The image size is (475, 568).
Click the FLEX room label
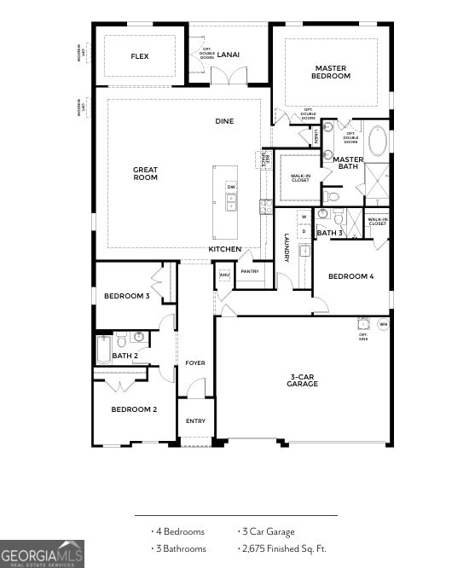coord(140,56)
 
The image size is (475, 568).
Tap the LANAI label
coord(229,55)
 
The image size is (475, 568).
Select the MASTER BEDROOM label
coord(332,72)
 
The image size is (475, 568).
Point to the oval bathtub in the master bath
coord(377,141)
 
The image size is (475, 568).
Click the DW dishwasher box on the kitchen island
coord(231,187)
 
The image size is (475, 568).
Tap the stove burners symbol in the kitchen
coord(266,206)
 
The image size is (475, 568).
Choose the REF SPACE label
coord(265,159)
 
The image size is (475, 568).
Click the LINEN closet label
coord(316,135)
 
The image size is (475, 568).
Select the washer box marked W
coord(303,217)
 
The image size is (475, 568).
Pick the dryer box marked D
coord(303,232)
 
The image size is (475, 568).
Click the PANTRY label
coord(250,272)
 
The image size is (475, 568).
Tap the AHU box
coord(224,275)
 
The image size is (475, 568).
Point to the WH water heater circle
coord(383,324)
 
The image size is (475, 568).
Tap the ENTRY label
coord(195,421)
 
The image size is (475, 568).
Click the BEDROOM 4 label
coord(350,276)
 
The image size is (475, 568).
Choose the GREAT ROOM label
coord(145,173)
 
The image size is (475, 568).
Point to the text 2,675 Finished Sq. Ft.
coord(285,549)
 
